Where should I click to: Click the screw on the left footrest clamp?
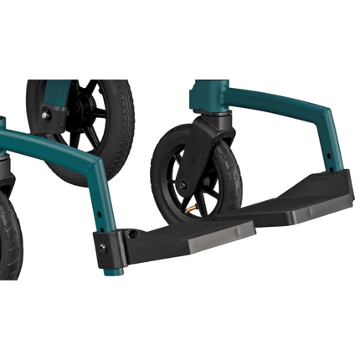104,247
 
